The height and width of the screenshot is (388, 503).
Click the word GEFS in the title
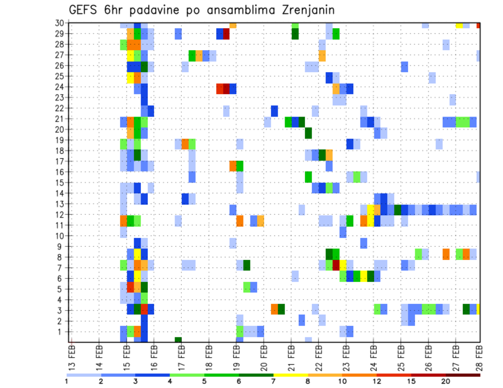click(x=85, y=10)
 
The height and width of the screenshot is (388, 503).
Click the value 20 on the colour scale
click(x=446, y=381)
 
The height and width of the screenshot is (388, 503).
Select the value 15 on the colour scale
click(x=411, y=381)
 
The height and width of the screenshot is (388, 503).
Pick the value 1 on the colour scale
click(x=67, y=381)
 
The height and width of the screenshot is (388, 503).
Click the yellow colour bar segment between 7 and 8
click(x=290, y=374)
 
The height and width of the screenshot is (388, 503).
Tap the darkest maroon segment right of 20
click(x=463, y=374)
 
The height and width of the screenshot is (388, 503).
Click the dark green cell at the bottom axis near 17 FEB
click(x=178, y=340)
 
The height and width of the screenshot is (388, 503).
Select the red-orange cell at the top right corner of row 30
click(x=478, y=25)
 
